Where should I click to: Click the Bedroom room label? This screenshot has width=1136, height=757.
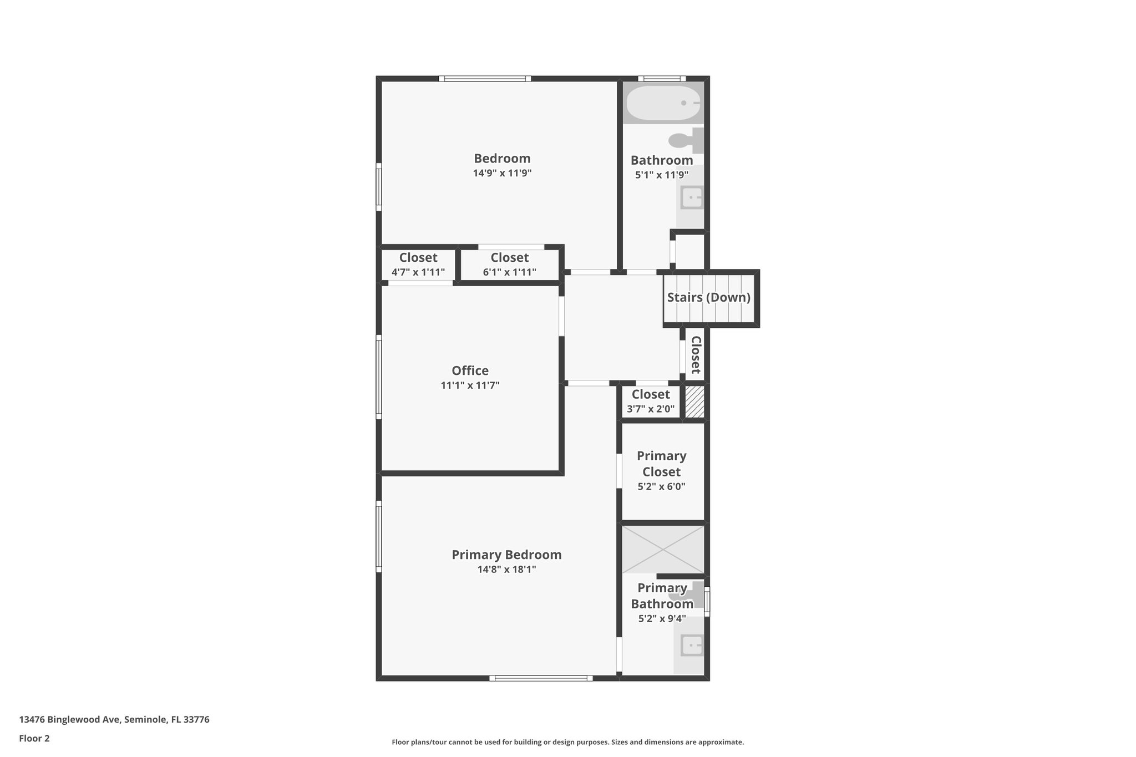click(x=502, y=159)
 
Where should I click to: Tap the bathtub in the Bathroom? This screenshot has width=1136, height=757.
click(x=663, y=103)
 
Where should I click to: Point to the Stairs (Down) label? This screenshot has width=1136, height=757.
click(x=708, y=297)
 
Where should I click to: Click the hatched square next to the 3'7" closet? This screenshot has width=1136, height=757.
click(x=694, y=402)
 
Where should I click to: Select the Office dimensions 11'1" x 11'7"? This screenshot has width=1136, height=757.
click(x=470, y=385)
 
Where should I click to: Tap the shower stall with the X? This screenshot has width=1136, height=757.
click(x=663, y=549)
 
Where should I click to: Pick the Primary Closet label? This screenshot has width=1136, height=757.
click(x=661, y=464)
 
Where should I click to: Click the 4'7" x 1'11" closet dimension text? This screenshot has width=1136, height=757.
click(x=418, y=272)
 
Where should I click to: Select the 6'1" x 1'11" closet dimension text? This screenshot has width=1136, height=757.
click(x=509, y=272)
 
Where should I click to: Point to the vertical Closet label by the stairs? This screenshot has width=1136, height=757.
click(x=696, y=355)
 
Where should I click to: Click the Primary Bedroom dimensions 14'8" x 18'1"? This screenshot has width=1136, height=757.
click(x=506, y=569)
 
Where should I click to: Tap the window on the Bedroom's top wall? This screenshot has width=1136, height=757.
click(x=485, y=79)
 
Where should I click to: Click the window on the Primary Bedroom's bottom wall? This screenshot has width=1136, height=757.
click(x=541, y=678)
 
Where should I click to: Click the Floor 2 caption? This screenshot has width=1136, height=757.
click(x=34, y=738)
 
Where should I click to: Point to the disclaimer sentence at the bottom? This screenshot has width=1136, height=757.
click(x=567, y=742)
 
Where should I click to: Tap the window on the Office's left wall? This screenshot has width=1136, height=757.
click(x=379, y=377)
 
